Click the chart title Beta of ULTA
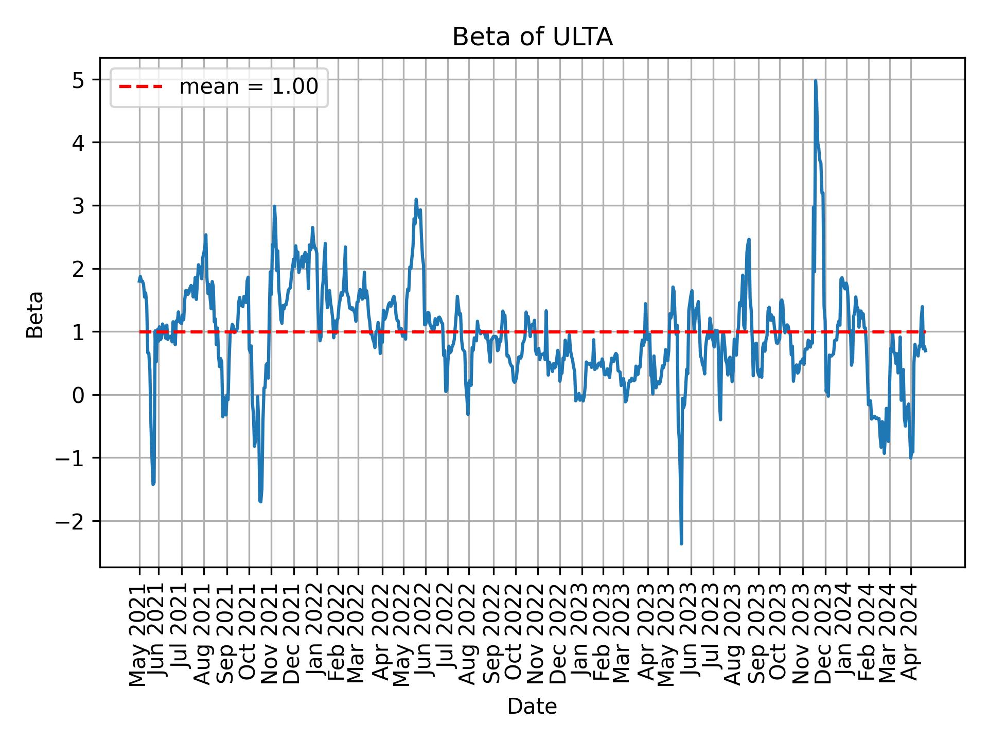click(532, 38)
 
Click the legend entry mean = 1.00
click(248, 87)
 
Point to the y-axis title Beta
click(35, 314)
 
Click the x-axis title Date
click(532, 707)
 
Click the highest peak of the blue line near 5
click(816, 81)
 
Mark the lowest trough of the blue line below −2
click(681, 543)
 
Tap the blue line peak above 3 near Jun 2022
click(416, 199)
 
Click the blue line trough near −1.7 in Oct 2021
click(261, 502)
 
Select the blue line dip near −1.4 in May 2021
click(153, 484)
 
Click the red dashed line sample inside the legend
click(140, 87)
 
